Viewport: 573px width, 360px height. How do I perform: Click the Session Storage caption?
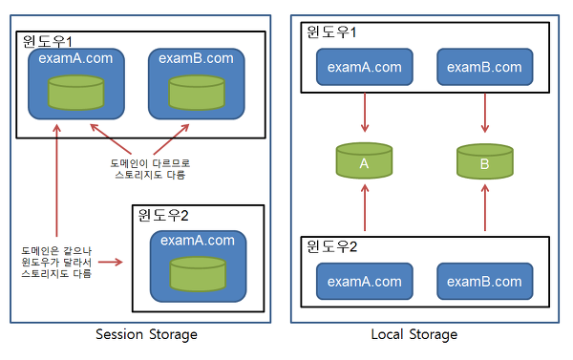[146, 334]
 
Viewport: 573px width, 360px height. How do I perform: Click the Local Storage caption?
[414, 334]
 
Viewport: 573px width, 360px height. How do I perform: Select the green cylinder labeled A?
[364, 162]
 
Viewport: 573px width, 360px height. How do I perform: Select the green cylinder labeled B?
[484, 162]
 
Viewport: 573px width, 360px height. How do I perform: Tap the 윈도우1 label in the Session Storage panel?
[49, 43]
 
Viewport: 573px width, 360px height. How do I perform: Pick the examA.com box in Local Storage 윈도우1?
[364, 67]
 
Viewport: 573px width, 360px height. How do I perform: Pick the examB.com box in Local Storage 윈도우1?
[484, 67]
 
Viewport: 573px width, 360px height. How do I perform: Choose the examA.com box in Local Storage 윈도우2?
[364, 281]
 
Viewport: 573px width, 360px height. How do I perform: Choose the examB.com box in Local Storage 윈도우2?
[484, 281]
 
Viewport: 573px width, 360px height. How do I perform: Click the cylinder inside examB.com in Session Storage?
[197, 93]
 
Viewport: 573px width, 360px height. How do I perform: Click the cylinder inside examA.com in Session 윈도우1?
[76, 93]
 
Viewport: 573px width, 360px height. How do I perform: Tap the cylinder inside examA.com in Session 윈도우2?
[197, 275]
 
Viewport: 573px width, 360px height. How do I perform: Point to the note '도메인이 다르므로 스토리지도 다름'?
[147, 168]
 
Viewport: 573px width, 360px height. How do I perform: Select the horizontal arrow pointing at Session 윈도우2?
[111, 260]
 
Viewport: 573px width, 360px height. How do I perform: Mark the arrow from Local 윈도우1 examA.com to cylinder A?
[364, 115]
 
